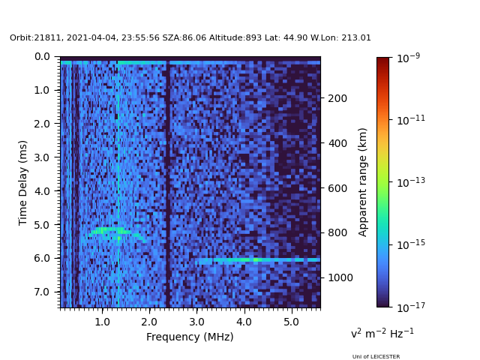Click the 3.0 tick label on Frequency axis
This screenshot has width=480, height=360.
click(196, 322)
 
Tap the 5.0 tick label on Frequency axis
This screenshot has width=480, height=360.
click(291, 322)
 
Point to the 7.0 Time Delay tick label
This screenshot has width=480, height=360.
click(43, 292)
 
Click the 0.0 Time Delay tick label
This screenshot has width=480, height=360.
click(43, 56)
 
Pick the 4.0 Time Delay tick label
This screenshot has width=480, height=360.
click(43, 191)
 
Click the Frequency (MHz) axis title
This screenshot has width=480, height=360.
click(190, 337)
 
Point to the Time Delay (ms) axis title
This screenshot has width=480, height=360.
click(23, 182)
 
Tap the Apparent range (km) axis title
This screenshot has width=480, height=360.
click(363, 181)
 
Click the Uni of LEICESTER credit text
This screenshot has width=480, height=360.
click(376, 357)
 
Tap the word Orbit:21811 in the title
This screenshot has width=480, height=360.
click(33, 38)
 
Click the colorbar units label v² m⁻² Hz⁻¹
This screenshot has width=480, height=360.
click(382, 333)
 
